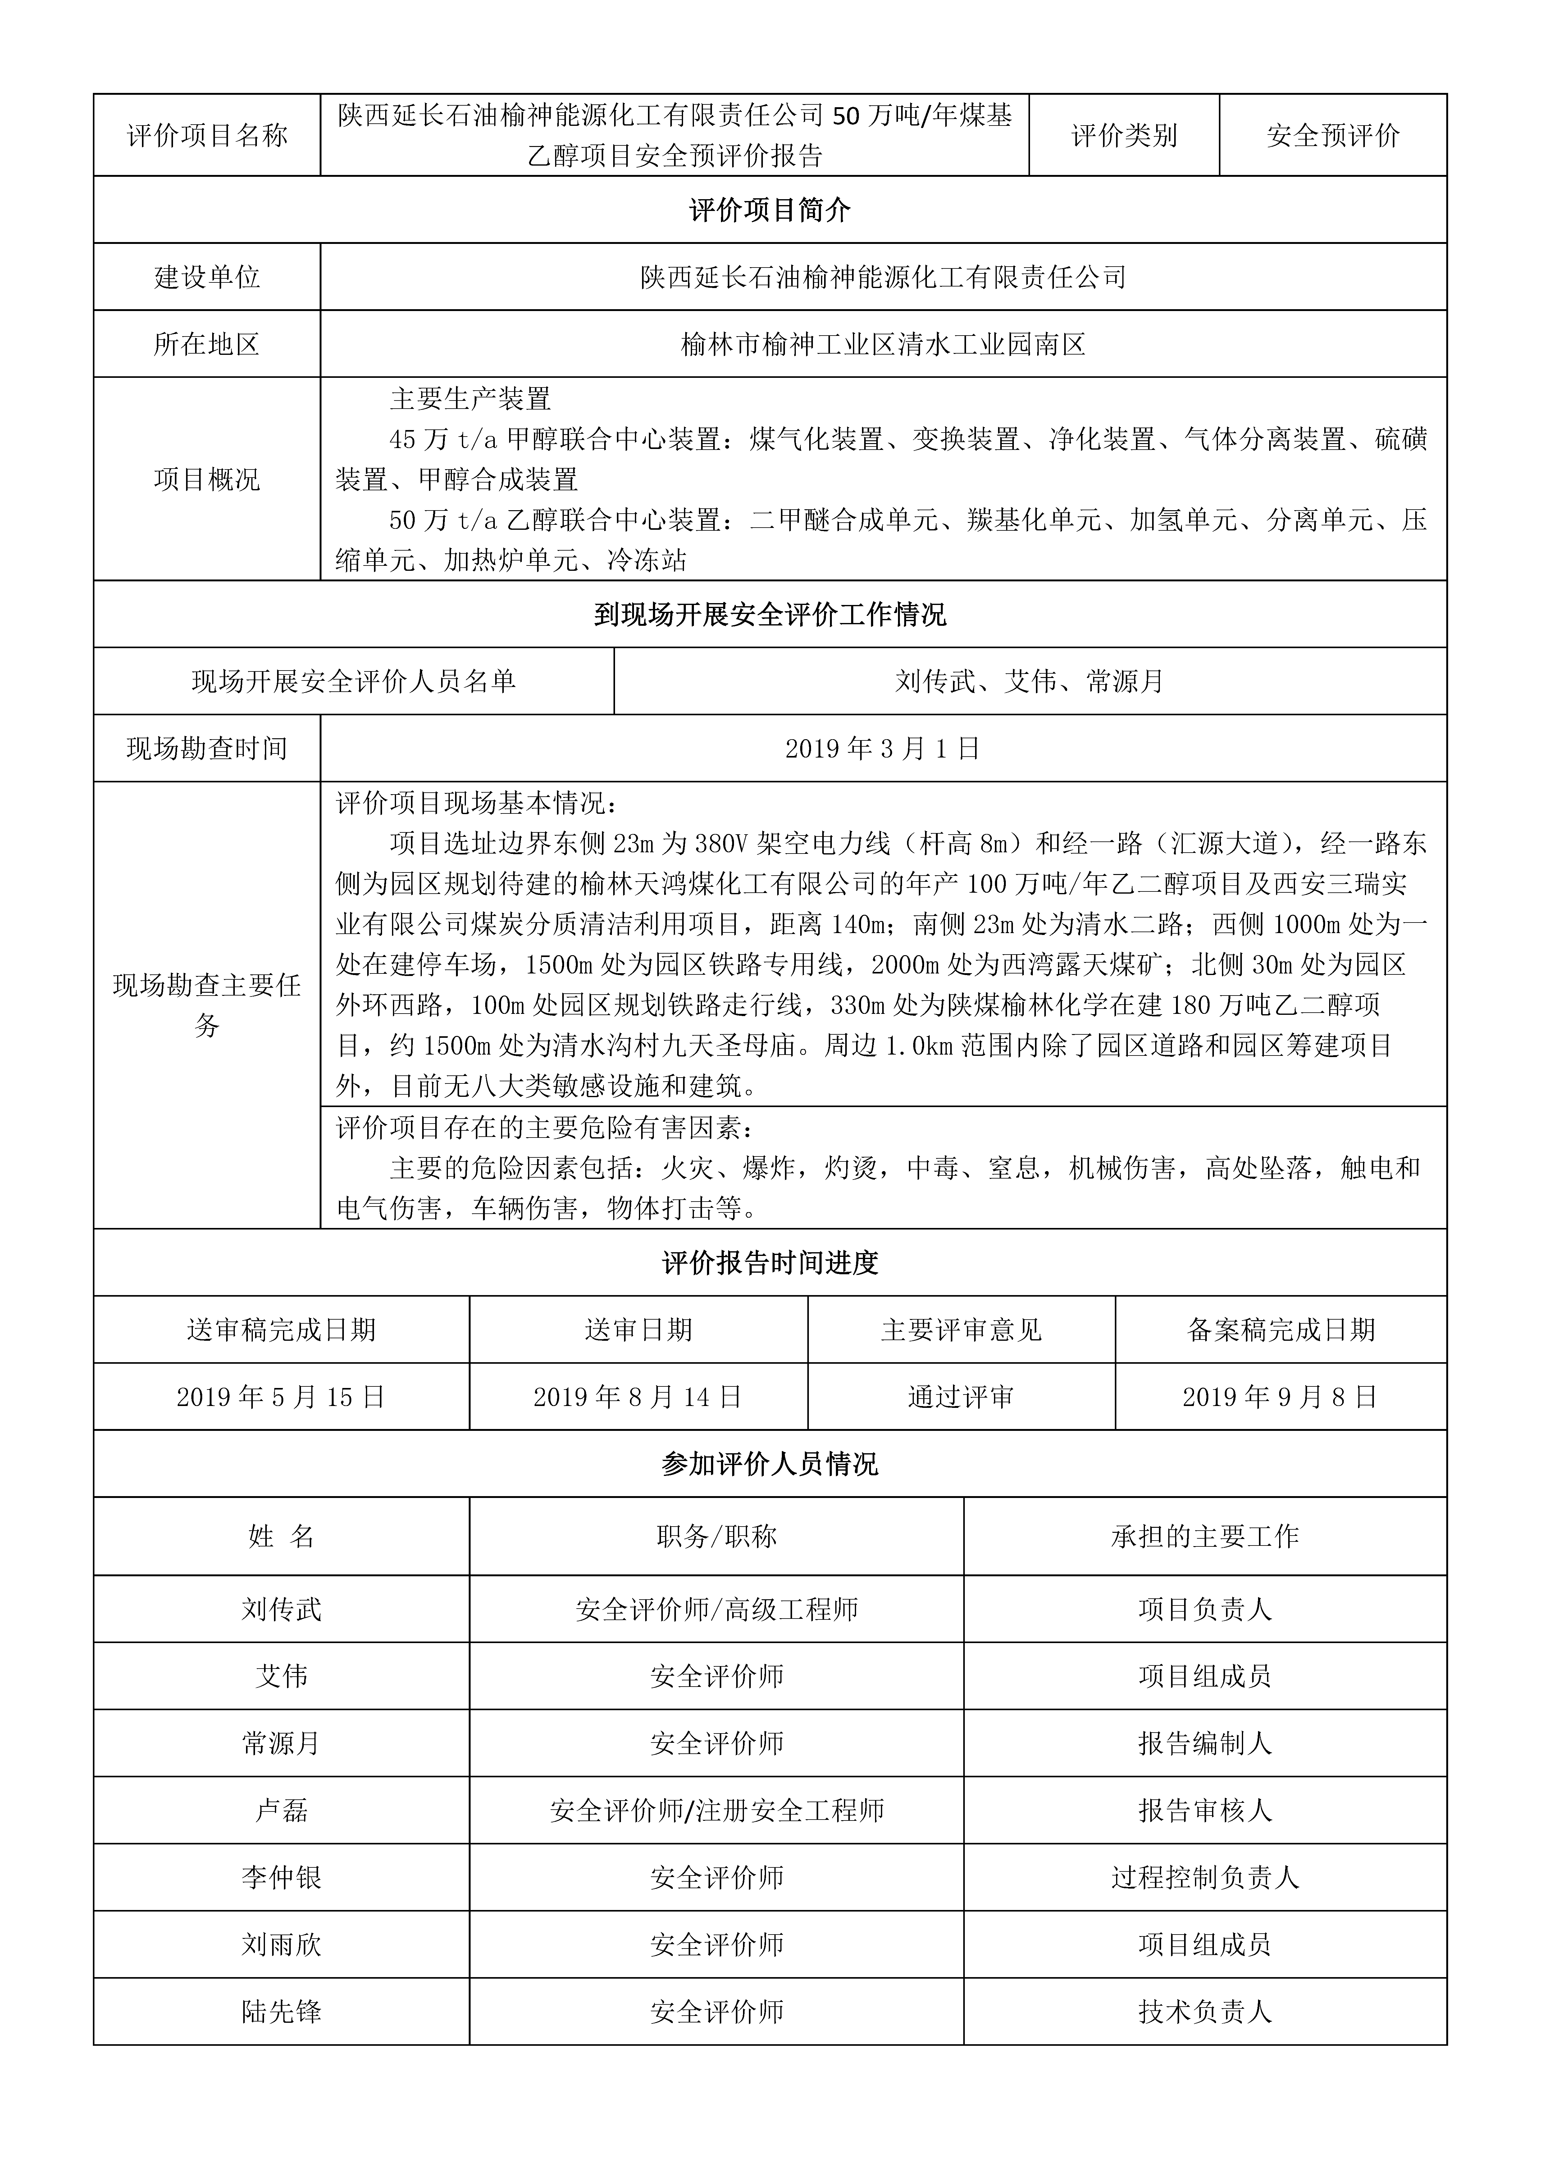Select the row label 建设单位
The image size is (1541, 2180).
pyautogui.click(x=207, y=277)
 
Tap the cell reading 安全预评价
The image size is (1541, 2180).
pyautogui.click(x=1332, y=136)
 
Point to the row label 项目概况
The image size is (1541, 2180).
pyautogui.click(x=207, y=479)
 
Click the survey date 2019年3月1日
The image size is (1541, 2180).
pyautogui.click(x=883, y=749)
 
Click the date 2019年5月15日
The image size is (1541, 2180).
pyautogui.click(x=281, y=1397)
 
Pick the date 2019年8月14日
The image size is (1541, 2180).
pyautogui.click(x=638, y=1397)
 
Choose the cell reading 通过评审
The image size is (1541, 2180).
pyautogui.click(x=961, y=1397)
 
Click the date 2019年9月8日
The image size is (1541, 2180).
pyautogui.click(x=1280, y=1397)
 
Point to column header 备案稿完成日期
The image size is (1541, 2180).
pyautogui.click(x=1280, y=1330)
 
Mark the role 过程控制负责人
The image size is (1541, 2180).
pyautogui.click(x=1204, y=1877)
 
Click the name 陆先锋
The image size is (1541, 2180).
pyautogui.click(x=281, y=2011)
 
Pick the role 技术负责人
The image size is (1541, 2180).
pyautogui.click(x=1204, y=2011)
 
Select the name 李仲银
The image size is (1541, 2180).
pyautogui.click(x=281, y=1877)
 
